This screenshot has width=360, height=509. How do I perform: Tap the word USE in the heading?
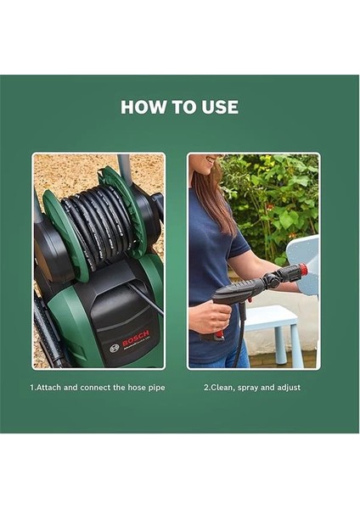[x=219, y=108]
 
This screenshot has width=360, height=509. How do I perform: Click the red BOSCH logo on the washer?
[x=134, y=339]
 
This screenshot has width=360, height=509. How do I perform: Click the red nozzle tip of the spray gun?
[x=301, y=270]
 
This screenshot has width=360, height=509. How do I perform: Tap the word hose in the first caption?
[x=132, y=388]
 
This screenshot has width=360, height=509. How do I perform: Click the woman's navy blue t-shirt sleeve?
[x=232, y=246]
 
